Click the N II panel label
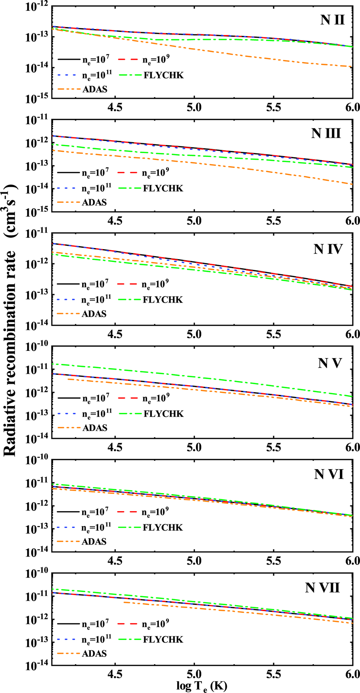point(332,20)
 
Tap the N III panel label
point(326,133)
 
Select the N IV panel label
point(328,249)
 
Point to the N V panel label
point(330,363)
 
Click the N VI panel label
point(329,474)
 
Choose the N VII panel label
point(322,588)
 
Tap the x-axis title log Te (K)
point(202,686)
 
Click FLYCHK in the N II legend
point(163,75)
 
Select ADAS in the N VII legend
point(94,653)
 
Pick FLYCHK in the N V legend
point(163,414)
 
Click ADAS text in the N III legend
point(94,202)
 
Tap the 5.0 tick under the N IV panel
point(194,334)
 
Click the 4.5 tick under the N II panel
point(115,107)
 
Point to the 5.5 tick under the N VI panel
point(273,561)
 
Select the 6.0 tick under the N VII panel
point(352,674)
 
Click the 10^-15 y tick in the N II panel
point(37,98)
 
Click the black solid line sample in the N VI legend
point(68,511)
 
